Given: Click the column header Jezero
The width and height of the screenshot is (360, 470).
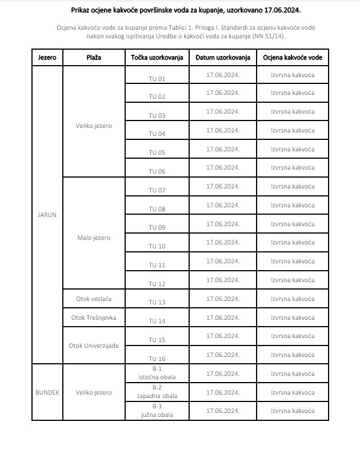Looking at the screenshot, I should tap(47, 58).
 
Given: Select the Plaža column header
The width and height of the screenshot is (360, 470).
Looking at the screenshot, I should tap(94, 58).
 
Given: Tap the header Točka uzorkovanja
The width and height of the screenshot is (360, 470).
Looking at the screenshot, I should tap(157, 58).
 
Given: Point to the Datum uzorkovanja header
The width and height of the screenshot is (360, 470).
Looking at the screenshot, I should tap(223, 58).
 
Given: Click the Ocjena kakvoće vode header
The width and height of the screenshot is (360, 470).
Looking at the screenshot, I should tap(293, 58).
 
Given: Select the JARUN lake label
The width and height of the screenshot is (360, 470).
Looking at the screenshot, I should tap(47, 215).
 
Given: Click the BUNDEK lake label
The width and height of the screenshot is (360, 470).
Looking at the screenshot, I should tap(47, 392).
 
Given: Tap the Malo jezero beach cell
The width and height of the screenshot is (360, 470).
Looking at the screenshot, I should tap(94, 238).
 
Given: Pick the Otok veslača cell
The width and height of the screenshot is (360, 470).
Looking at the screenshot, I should tap(94, 299).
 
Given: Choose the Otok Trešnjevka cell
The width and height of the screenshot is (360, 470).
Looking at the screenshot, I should tap(94, 318).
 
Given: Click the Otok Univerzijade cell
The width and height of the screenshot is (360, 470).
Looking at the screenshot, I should tap(94, 346).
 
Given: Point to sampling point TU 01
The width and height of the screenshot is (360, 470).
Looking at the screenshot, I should tap(157, 78).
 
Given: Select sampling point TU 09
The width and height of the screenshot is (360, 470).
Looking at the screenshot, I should tap(157, 227).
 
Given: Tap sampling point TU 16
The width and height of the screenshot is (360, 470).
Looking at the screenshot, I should tap(157, 359).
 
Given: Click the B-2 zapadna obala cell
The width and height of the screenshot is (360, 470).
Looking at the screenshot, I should tap(157, 392).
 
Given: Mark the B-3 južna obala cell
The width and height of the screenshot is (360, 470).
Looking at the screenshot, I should tap(157, 411).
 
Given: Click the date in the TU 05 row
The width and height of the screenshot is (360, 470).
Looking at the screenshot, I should tap(223, 149).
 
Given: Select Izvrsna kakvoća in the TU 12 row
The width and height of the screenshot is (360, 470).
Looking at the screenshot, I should tap(293, 280).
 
